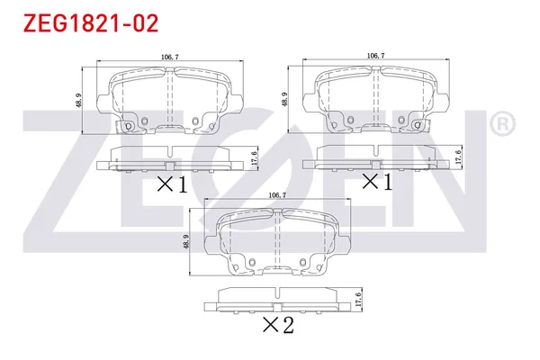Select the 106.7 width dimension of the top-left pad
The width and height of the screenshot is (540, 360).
[167, 57]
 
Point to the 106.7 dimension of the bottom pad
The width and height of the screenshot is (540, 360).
[278, 195]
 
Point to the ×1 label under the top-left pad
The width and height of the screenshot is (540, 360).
[172, 185]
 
